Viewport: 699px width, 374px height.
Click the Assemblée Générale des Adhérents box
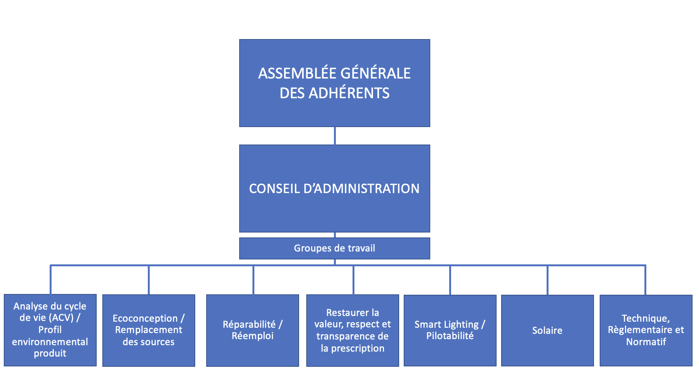point(334,83)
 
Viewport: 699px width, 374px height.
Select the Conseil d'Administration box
point(334,189)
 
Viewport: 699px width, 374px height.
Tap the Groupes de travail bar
point(334,248)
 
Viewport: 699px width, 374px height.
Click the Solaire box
point(547,330)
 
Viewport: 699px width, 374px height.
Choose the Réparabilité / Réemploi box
point(252,330)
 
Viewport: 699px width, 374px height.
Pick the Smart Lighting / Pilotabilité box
point(450,330)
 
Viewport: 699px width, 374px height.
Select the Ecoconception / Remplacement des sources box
point(149,330)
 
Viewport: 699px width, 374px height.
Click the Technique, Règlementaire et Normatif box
point(646,330)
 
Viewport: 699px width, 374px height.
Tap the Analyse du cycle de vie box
point(50,330)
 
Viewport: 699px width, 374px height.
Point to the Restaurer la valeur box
point(353,330)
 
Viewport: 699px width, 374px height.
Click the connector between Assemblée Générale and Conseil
point(335,136)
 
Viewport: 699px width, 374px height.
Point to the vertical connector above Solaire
point(547,280)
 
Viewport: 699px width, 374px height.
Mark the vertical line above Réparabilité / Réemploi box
point(253,280)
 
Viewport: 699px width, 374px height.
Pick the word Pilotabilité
point(450,336)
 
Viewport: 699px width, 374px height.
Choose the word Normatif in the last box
point(646,342)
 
